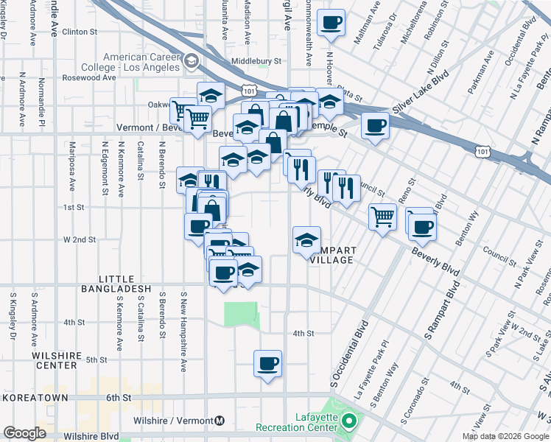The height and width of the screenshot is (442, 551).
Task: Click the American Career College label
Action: (141, 62)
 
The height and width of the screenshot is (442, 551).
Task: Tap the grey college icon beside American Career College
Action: (192, 60)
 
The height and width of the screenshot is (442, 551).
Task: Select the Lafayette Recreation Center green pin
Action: (349, 422)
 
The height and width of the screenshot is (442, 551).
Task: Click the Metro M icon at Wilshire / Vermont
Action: (219, 421)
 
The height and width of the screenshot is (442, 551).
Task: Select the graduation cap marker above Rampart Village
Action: (307, 239)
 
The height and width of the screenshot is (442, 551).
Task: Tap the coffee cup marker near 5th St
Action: (268, 362)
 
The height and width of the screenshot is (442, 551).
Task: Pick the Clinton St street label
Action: (80, 32)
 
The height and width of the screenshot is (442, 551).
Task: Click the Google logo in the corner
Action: (24, 433)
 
